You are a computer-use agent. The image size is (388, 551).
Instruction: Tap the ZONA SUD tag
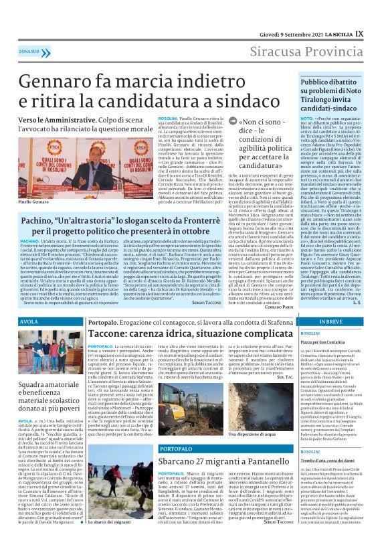click(29, 51)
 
